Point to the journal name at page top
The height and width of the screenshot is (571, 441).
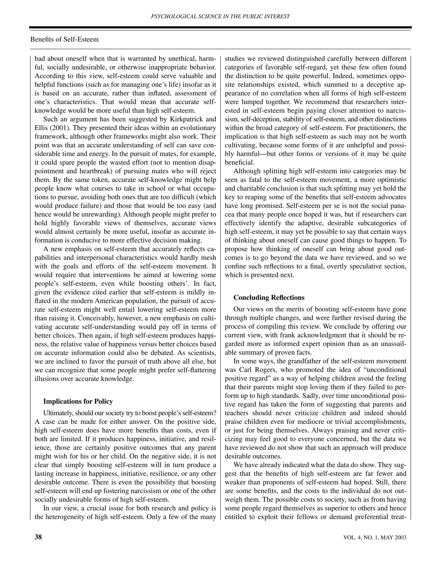point(220,16)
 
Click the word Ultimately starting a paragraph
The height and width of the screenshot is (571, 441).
point(56,413)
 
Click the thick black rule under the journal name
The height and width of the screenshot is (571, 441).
point(220,27)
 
